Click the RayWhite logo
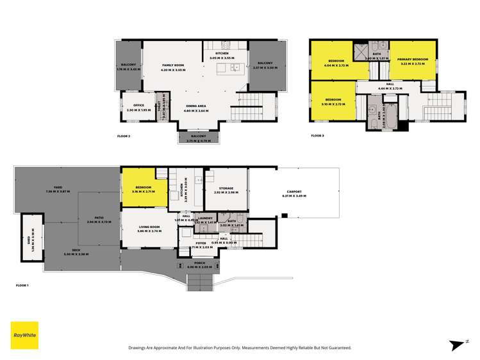24,335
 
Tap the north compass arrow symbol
456,345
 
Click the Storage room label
225,188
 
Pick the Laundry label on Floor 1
206,218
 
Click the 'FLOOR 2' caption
124,136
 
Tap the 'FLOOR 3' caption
317,136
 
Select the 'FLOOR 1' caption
23,285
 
